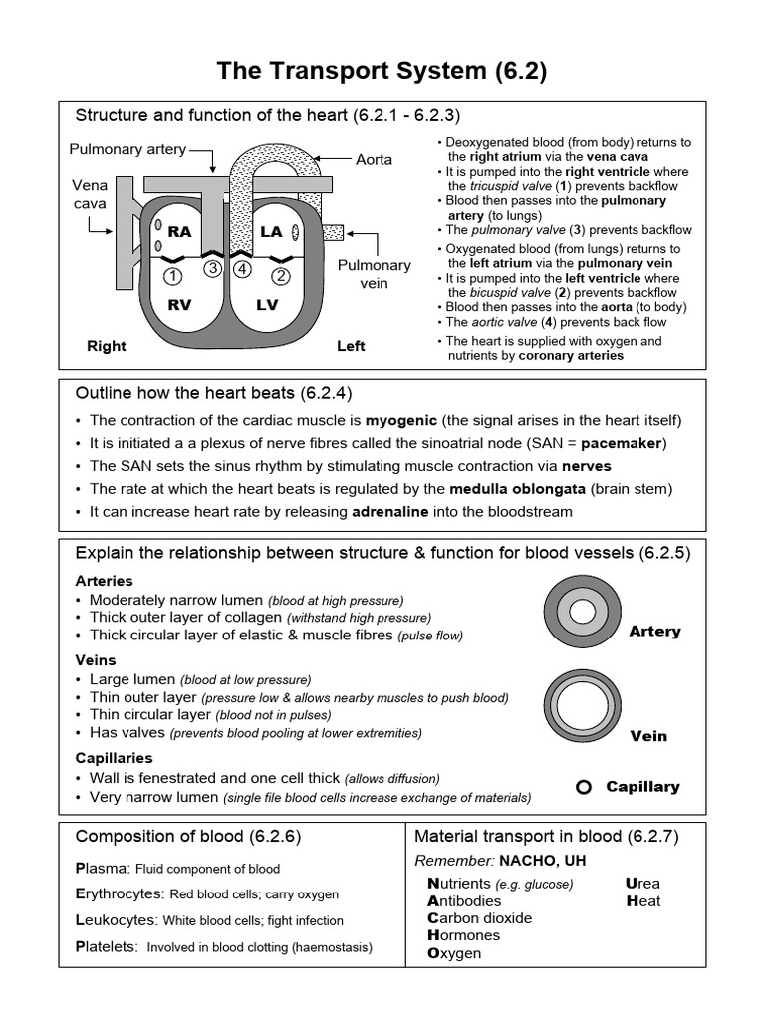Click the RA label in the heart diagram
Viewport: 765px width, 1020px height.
coord(179,231)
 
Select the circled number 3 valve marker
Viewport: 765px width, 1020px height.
coord(212,267)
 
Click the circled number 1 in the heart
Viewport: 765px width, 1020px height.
coord(172,276)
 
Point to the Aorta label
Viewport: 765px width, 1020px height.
coord(374,159)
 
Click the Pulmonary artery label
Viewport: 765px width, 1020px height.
coord(127,149)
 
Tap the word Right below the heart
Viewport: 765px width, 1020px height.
coord(107,346)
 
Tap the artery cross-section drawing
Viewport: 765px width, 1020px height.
coord(579,608)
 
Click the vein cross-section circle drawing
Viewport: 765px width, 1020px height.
coord(579,701)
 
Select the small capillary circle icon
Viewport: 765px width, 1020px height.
coord(584,787)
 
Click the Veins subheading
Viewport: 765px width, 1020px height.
coord(96,659)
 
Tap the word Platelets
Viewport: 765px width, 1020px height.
coord(107,947)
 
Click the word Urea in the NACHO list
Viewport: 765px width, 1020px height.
coord(642,883)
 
